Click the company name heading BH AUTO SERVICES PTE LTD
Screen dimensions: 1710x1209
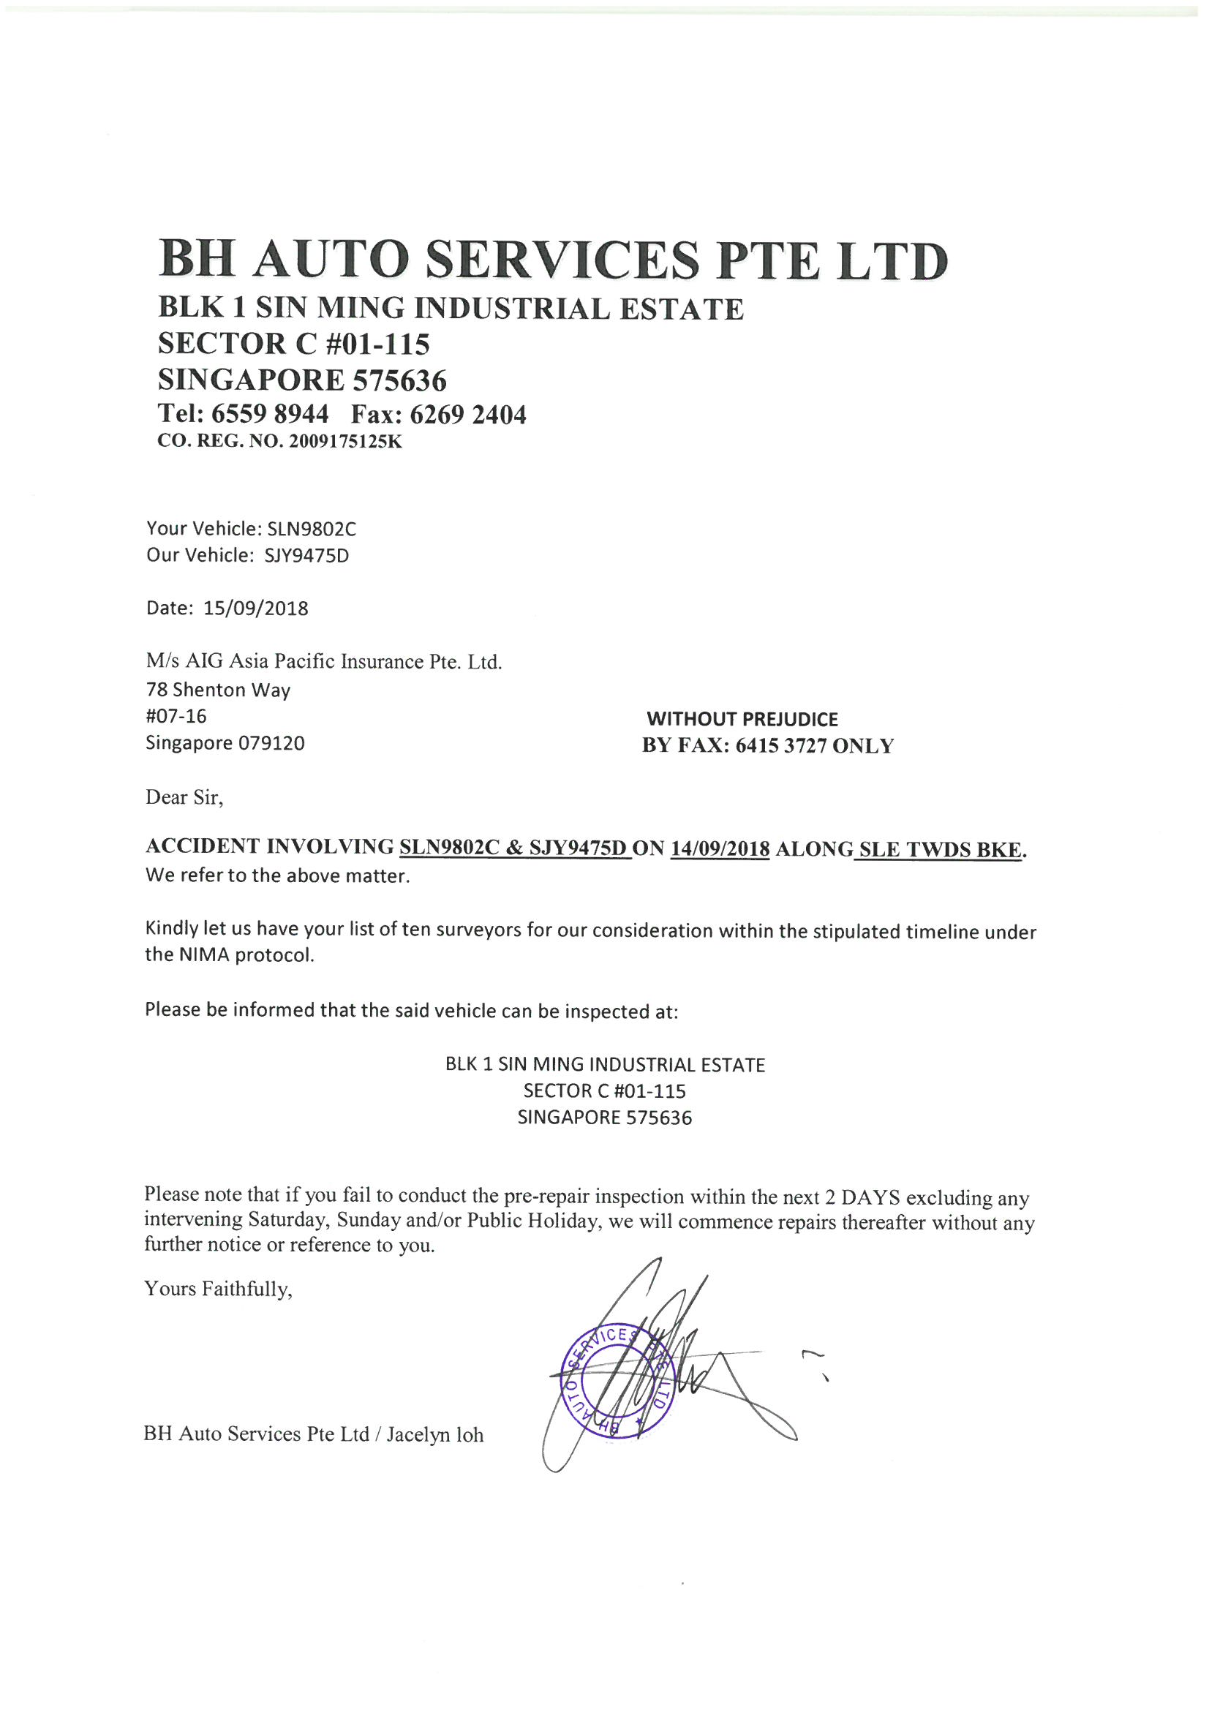pyautogui.click(x=553, y=259)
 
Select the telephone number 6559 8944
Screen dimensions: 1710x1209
pyautogui.click(x=270, y=414)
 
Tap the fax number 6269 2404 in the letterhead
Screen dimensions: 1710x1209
pyautogui.click(x=468, y=414)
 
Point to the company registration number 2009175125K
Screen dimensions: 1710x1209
pyautogui.click(x=345, y=442)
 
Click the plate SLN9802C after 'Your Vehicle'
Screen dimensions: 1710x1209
pyautogui.click(x=312, y=529)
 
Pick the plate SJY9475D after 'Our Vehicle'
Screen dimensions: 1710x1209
pyautogui.click(x=306, y=556)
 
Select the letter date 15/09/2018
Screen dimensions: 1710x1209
pyautogui.click(x=255, y=609)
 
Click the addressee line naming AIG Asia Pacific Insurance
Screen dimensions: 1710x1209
pyautogui.click(x=324, y=661)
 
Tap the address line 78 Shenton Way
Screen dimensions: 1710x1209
pyautogui.click(x=218, y=690)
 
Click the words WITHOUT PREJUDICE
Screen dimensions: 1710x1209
pyautogui.click(x=742, y=720)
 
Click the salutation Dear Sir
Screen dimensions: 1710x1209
pyautogui.click(x=184, y=798)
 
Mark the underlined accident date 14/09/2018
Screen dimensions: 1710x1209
pyautogui.click(x=720, y=848)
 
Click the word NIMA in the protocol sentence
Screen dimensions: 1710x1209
pyautogui.click(x=204, y=955)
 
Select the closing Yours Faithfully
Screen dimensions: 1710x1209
pyautogui.click(x=217, y=1289)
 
